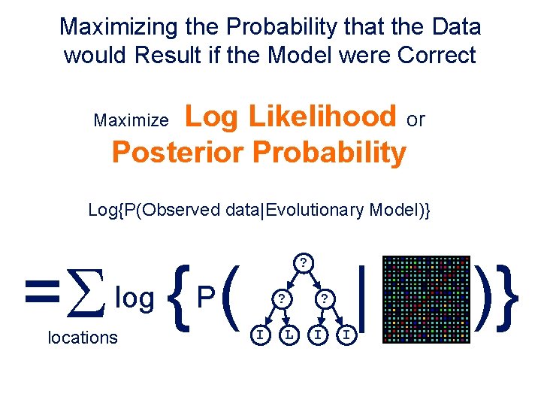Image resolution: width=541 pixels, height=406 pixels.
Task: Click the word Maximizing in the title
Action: (121, 27)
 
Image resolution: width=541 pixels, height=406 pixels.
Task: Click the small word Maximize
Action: (131, 120)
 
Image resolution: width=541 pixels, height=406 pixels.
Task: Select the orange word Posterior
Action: (178, 153)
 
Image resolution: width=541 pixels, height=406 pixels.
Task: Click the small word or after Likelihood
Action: (415, 119)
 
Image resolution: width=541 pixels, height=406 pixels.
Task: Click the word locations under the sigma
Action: (83, 338)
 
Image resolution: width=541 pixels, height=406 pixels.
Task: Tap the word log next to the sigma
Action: (134, 298)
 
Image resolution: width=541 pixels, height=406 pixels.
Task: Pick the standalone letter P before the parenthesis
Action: (205, 298)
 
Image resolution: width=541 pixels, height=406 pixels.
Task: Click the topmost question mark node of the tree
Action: (302, 263)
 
